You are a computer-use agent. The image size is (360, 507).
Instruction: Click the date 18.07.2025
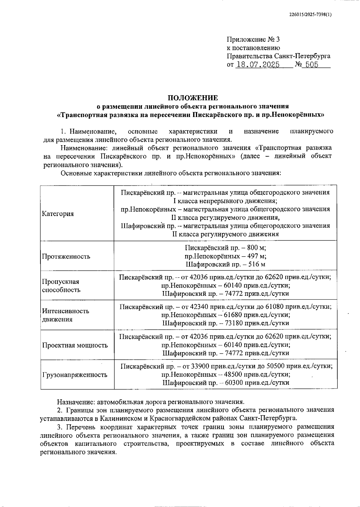(x=258, y=65)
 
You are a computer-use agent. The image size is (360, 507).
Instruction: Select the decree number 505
(x=312, y=65)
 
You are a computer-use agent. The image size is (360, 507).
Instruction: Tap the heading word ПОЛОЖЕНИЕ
(x=193, y=98)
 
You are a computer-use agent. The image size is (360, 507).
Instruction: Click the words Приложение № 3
(x=253, y=40)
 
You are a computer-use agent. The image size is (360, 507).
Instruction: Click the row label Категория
(x=58, y=214)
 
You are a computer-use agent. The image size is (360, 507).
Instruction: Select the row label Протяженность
(x=66, y=256)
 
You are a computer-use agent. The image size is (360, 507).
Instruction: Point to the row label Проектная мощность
(x=75, y=345)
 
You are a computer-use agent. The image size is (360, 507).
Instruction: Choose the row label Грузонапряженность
(x=75, y=375)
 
